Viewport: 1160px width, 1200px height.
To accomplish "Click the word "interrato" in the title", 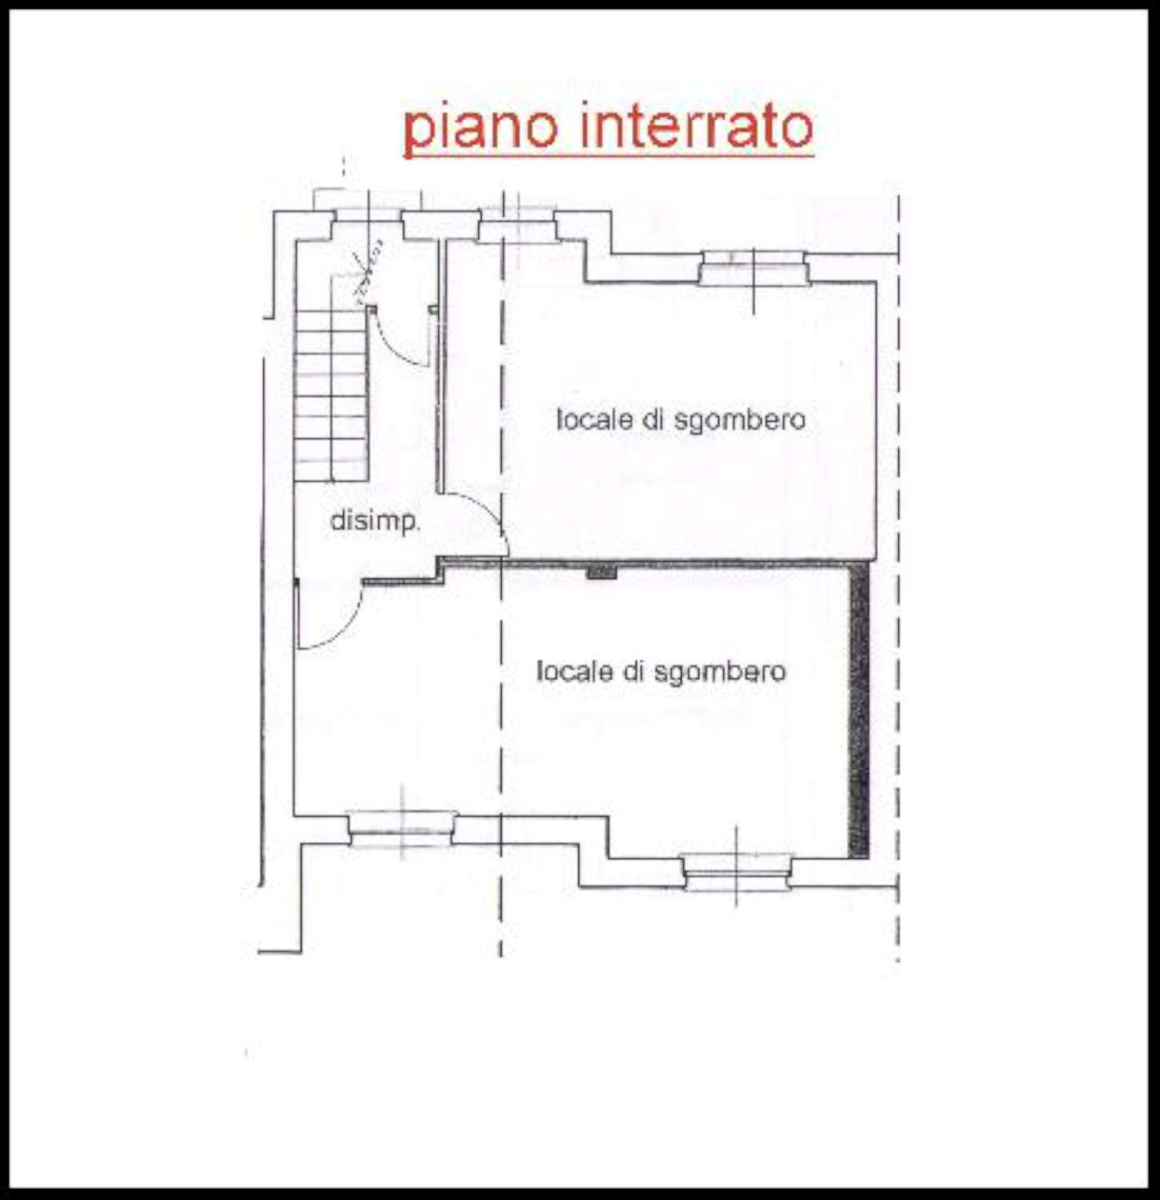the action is [698, 126].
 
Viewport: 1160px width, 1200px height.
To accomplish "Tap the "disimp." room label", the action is [374, 521].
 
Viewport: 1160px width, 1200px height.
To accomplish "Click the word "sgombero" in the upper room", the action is [740, 421].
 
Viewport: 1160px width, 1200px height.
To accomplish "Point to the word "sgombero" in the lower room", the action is [720, 673].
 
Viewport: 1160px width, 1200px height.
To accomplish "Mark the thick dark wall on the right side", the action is [858, 710].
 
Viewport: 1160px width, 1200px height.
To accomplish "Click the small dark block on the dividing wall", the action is [602, 572].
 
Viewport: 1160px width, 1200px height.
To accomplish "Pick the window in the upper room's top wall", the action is [754, 268].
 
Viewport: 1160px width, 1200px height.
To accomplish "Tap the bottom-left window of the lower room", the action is [402, 830].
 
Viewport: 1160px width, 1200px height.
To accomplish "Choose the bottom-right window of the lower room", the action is [737, 872].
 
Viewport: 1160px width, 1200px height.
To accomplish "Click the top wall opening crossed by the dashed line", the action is [517, 224].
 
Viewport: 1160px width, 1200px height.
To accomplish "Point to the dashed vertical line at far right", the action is [898, 576].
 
